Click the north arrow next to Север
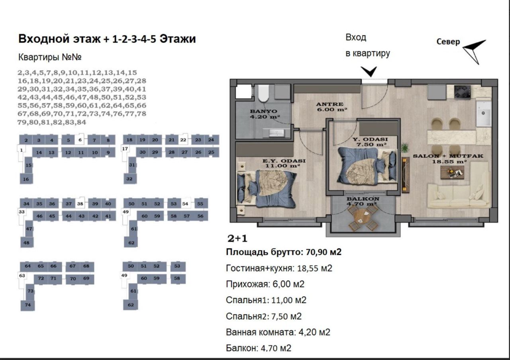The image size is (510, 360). point(475,51)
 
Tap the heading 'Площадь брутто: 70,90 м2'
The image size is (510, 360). point(284,252)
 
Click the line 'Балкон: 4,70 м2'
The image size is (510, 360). point(259,348)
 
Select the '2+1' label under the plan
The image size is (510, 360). point(237,239)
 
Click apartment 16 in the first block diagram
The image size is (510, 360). point(26,179)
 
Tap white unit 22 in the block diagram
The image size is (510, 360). point(183,140)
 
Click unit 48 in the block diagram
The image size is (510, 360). point(27,242)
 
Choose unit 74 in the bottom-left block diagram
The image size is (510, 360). point(27,305)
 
